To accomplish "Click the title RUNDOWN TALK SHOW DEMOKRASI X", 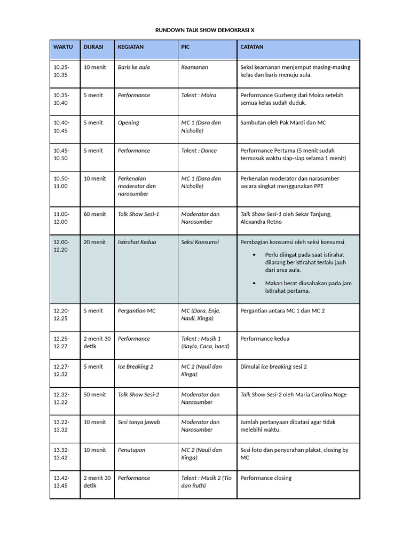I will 205,30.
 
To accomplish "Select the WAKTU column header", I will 63,47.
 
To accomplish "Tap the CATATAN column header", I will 252,47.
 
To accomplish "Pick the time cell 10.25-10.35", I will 61,71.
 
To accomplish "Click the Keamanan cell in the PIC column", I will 195,67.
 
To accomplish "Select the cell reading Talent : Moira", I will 199,95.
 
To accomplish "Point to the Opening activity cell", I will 129,123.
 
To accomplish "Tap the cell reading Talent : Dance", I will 199,151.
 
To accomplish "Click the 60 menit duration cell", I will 94,214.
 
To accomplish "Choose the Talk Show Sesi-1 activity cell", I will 138,214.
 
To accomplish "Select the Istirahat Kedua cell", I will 137,242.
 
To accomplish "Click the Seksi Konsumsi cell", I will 200,242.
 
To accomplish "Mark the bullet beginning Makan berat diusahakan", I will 308,287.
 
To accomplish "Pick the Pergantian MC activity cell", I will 137,310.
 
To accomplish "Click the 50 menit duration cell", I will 94,394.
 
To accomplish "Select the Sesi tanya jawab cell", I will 139,422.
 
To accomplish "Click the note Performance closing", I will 266,478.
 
